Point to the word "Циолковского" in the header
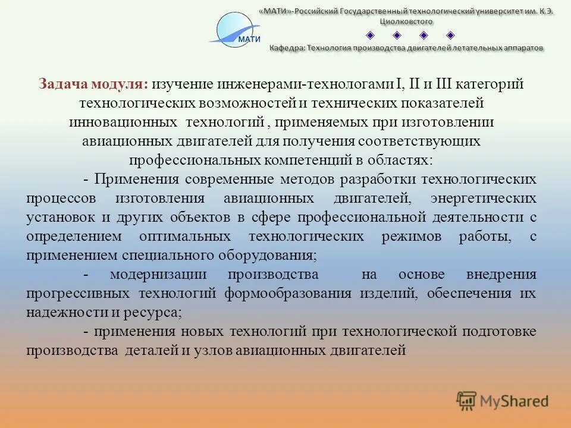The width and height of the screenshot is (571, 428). click(407, 21)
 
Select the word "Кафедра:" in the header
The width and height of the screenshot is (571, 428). click(287, 48)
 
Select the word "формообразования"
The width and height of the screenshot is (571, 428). click(290, 293)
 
